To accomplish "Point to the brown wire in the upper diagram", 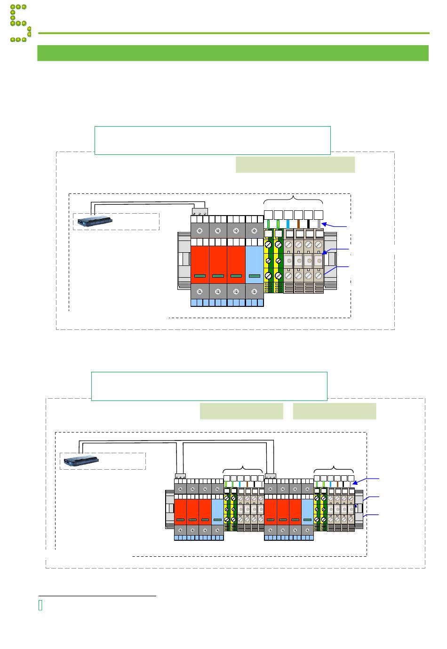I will point(298,224).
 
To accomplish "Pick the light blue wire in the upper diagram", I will point(288,224).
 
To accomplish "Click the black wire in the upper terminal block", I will point(309,224).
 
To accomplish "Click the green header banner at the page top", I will point(233,53).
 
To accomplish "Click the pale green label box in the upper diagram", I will point(295,165).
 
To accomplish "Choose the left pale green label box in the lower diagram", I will point(241,411).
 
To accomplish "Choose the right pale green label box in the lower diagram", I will point(335,411).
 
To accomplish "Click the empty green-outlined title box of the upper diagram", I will point(213,140).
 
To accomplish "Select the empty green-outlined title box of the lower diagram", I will point(209,386).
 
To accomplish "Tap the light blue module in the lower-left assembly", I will point(217,511).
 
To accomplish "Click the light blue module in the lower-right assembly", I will point(308,511).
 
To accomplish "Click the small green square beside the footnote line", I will point(40,606).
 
